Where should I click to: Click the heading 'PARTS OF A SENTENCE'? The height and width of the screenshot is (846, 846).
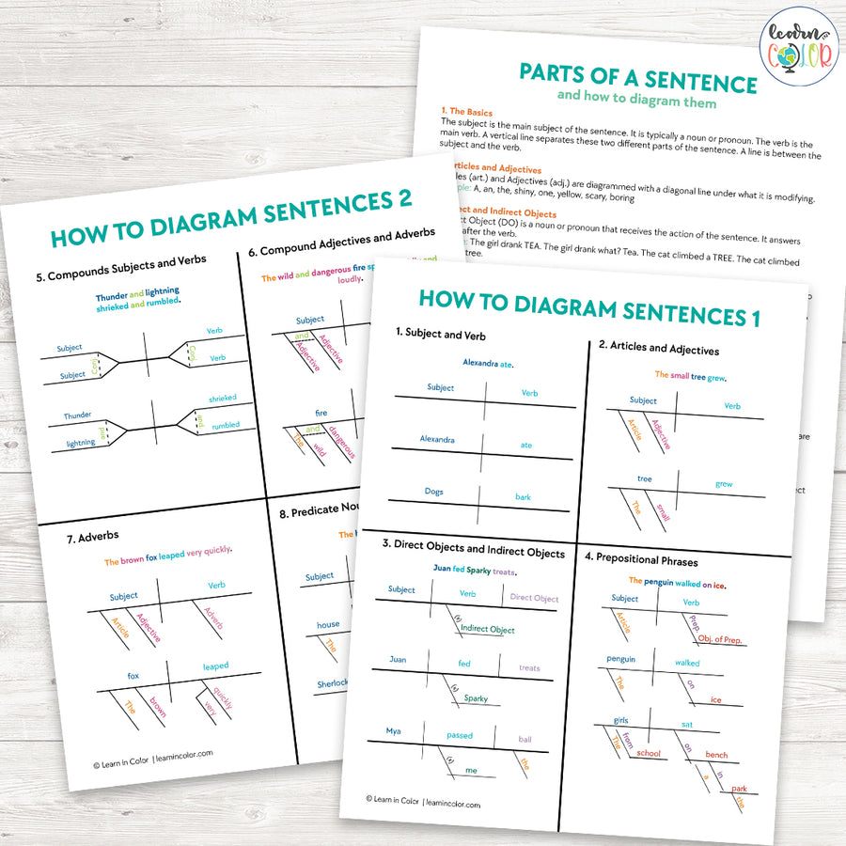[638, 79]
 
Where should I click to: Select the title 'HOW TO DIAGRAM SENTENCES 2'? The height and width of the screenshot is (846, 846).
[231, 219]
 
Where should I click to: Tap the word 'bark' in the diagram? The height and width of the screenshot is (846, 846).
[523, 497]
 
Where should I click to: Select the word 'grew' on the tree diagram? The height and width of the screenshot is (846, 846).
[724, 485]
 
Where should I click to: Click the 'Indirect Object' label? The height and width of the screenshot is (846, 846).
[488, 629]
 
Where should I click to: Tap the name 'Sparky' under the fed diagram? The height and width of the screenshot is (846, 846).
[476, 698]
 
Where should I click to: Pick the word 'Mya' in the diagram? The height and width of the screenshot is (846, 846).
[394, 730]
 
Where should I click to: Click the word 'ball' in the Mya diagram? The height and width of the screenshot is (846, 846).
[525, 739]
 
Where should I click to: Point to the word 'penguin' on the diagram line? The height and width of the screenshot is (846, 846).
[621, 659]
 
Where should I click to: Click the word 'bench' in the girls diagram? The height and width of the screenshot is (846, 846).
[716, 755]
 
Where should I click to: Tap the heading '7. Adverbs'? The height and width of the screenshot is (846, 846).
[92, 536]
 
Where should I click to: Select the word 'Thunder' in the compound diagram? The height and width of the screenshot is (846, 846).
[78, 415]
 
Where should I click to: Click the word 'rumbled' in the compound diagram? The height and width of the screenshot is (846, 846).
[225, 425]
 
